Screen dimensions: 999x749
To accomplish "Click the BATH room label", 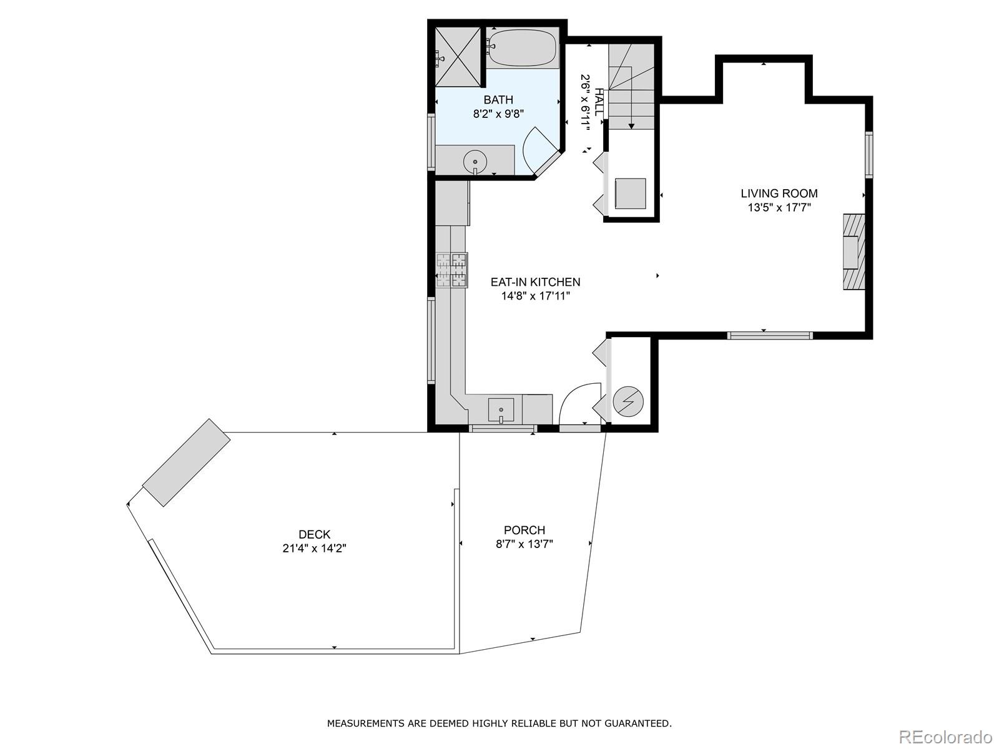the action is click(498, 100).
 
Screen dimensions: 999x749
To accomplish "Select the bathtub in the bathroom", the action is click(523, 48).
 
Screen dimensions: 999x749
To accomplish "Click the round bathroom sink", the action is click(475, 162).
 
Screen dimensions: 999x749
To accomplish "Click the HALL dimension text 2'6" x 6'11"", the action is click(585, 103).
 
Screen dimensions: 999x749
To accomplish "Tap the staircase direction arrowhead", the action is click(631, 126).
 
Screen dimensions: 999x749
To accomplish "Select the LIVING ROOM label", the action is click(779, 193).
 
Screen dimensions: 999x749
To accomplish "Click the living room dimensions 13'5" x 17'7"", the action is click(779, 208).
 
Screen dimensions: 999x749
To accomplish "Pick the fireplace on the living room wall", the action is click(854, 252).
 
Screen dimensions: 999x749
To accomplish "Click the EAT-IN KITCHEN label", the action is click(535, 282).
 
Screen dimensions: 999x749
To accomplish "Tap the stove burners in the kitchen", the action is click(452, 270).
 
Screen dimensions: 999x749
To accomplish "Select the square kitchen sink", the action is click(501, 409).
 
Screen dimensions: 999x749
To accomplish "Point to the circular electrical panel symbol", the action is click(629, 402).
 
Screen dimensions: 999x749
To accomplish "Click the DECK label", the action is click(315, 534).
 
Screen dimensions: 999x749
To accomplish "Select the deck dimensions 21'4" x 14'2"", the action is click(315, 549).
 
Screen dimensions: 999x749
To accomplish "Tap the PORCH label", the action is click(524, 530).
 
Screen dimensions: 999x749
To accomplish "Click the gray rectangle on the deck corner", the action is click(186, 463).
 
